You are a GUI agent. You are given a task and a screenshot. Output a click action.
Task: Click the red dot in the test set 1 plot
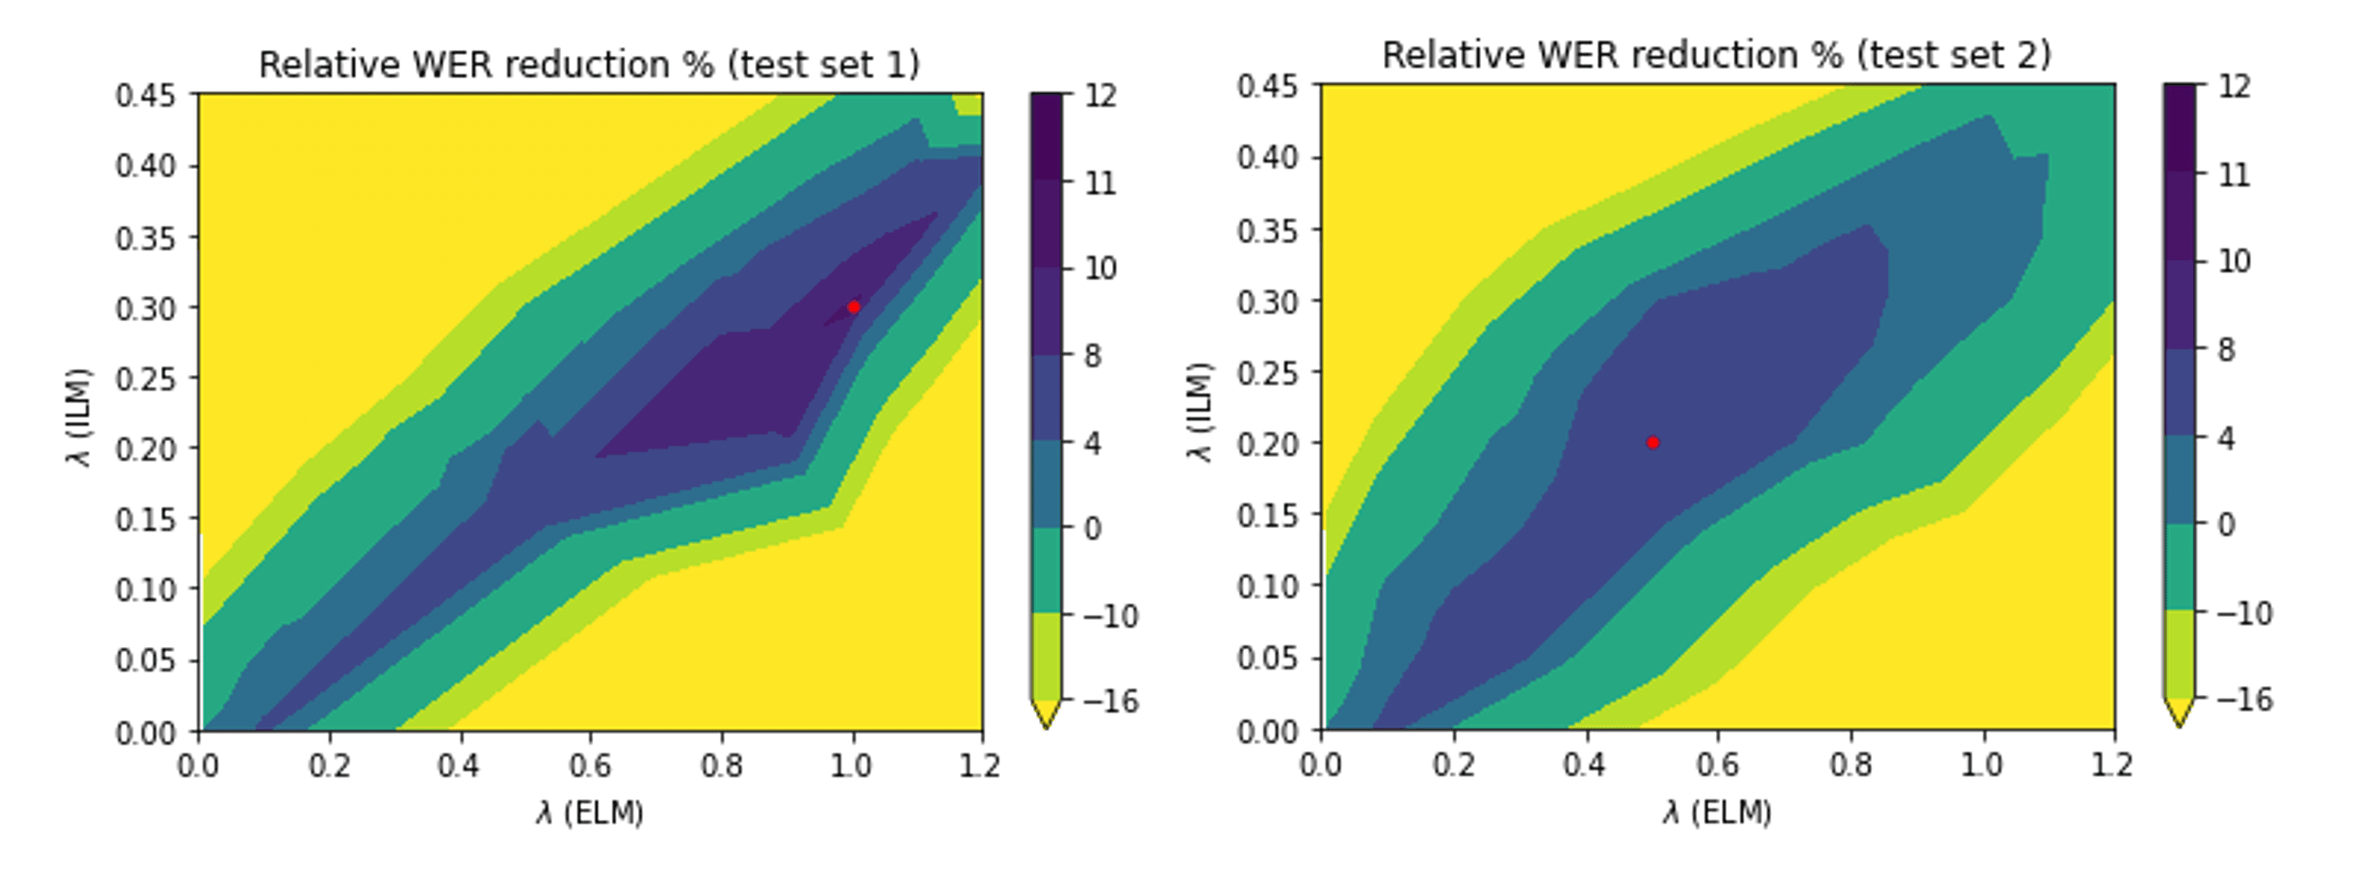coord(854,308)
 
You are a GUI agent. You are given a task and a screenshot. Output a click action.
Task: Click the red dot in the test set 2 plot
coord(1653,442)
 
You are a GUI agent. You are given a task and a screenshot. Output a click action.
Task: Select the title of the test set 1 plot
coord(589,65)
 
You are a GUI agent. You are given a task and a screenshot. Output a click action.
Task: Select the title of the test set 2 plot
coord(1716,55)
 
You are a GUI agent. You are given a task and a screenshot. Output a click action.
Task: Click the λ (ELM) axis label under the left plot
coord(589,812)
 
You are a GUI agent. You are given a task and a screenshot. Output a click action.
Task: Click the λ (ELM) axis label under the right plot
coord(1717,812)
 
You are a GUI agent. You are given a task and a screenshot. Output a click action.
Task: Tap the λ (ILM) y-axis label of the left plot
coord(80,417)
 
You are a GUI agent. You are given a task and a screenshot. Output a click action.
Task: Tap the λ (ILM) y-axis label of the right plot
coord(1201,411)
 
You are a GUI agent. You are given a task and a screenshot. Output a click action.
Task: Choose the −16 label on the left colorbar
coord(1111,701)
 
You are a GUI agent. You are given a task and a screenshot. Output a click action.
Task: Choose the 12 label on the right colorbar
coord(2234,87)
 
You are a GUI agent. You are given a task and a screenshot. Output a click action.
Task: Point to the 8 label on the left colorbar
coord(1092,355)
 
